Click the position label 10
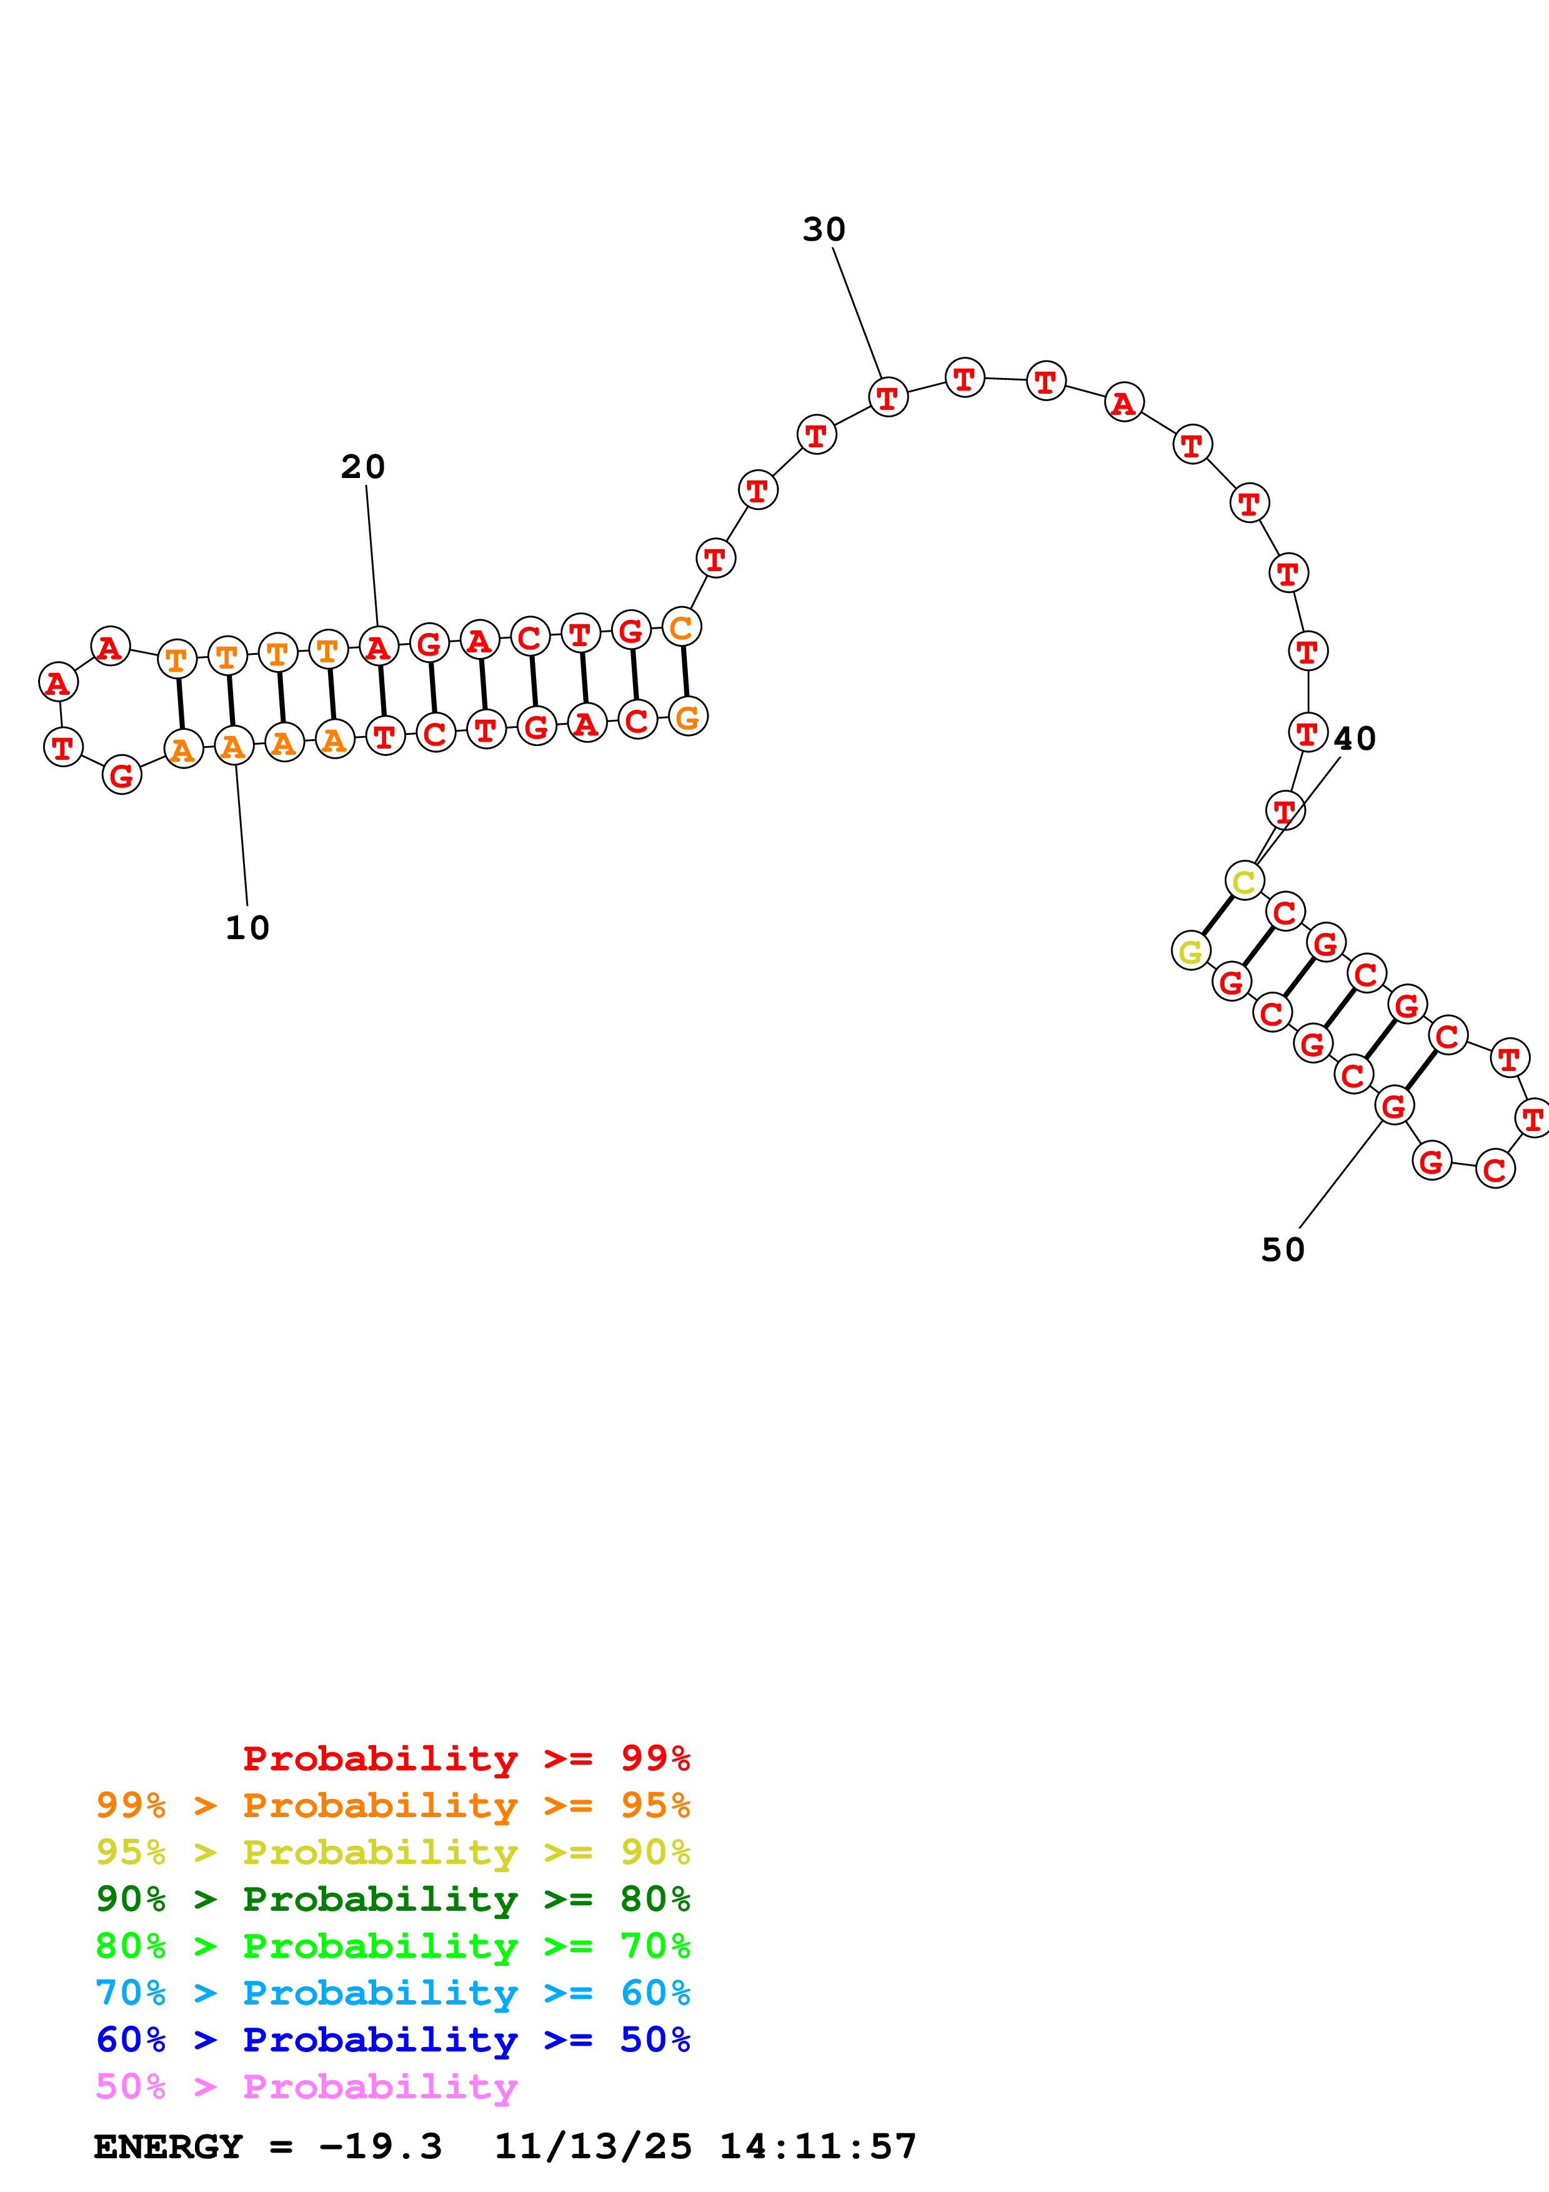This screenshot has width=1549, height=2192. tap(247, 928)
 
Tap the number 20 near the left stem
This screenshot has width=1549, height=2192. tap(362, 467)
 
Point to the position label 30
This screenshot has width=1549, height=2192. tap(824, 229)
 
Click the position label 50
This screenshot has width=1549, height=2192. tap(1283, 1250)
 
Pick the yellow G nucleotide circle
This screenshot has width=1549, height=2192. tap(1191, 951)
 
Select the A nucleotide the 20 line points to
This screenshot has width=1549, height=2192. tap(379, 647)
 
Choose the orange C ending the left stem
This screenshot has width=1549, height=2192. tap(682, 627)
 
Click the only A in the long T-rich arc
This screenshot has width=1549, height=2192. tap(1124, 403)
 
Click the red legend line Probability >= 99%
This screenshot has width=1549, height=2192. tap(466, 1758)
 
